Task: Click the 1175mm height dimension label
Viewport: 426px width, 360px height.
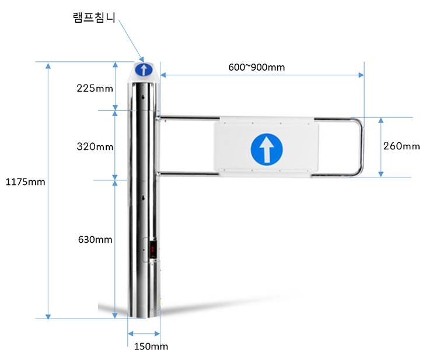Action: (x=25, y=182)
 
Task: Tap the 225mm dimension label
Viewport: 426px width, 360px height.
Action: (x=95, y=89)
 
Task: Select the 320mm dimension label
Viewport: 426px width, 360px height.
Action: (x=95, y=146)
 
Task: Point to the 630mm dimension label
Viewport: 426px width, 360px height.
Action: (x=95, y=239)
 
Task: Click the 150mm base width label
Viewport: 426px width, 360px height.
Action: (x=151, y=347)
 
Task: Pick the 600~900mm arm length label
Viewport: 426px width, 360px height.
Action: (x=257, y=67)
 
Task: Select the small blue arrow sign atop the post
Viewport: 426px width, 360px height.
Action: (x=143, y=70)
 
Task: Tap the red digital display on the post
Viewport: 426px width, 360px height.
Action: (x=153, y=249)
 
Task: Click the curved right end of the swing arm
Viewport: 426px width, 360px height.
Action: (x=360, y=146)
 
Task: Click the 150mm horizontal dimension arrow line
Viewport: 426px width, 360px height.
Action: (x=144, y=334)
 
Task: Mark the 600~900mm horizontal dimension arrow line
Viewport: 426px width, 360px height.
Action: (x=263, y=75)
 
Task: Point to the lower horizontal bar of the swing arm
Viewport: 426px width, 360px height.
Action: (x=187, y=173)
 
